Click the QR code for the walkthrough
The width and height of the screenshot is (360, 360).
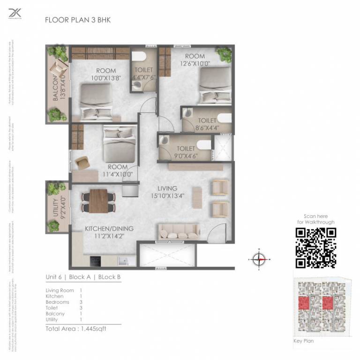click(x=315, y=247)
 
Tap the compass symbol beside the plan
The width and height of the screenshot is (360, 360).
click(x=259, y=259)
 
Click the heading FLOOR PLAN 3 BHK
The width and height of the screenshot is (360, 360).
click(x=77, y=20)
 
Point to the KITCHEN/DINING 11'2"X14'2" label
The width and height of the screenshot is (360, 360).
click(x=109, y=232)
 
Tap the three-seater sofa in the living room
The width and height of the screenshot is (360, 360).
click(x=180, y=231)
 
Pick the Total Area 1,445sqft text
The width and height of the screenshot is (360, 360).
click(x=76, y=329)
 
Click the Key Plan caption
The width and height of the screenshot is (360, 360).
click(x=303, y=341)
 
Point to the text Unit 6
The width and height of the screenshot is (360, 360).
click(x=54, y=277)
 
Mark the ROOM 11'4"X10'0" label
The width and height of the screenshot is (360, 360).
click(x=117, y=170)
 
